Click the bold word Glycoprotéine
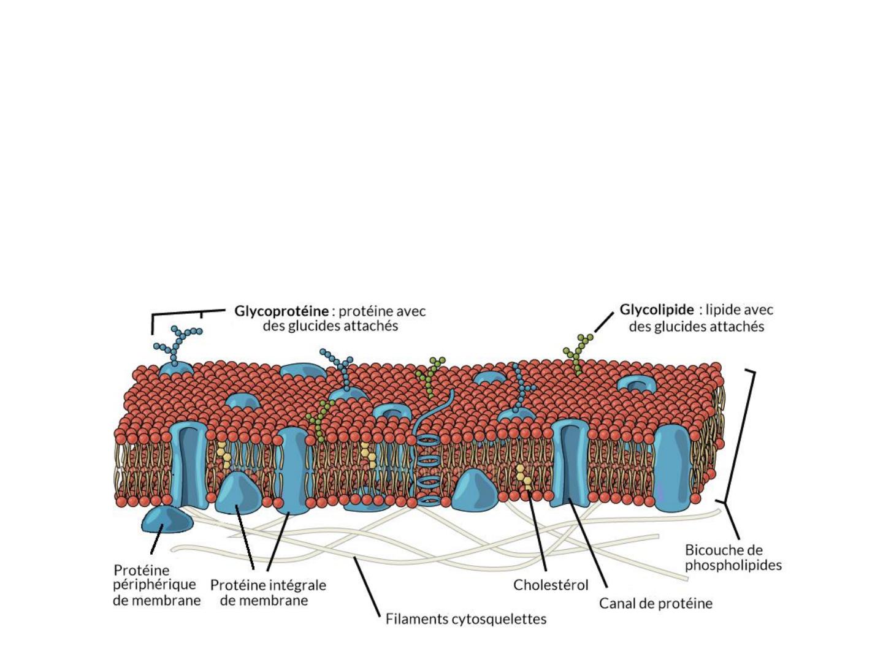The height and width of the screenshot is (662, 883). (x=281, y=311)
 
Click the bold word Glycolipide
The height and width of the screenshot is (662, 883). (x=657, y=310)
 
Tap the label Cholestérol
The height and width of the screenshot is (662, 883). (x=551, y=585)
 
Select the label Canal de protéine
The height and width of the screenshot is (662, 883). (x=656, y=603)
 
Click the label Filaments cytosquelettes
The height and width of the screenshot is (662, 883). (x=466, y=619)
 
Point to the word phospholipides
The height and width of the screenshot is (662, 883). (x=733, y=566)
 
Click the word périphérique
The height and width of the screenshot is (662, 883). (x=155, y=585)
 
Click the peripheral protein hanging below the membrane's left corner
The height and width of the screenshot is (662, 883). (x=167, y=519)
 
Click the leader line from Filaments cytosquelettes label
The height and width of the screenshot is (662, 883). (x=367, y=586)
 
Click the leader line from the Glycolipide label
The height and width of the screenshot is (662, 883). (x=604, y=322)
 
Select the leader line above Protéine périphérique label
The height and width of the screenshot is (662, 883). (x=156, y=539)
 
